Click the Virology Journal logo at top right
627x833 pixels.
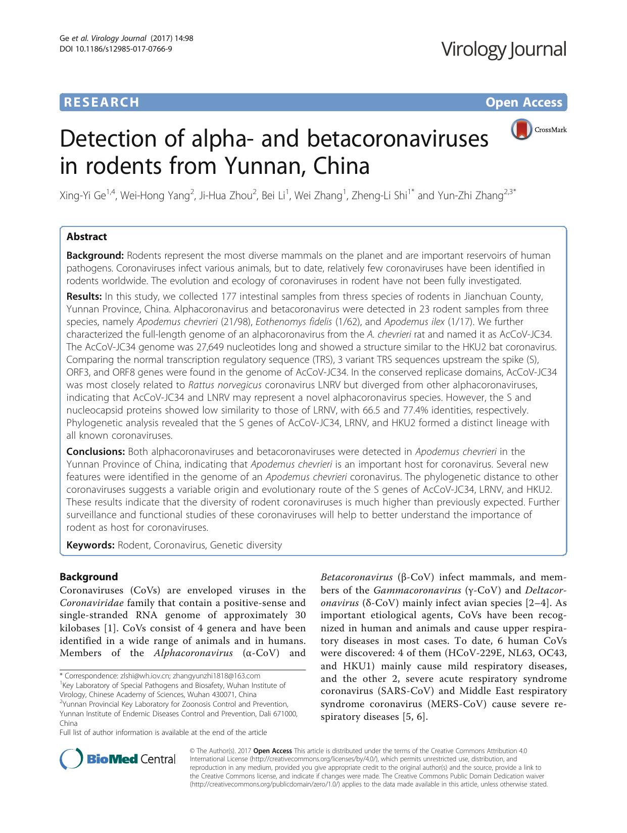(x=503, y=50)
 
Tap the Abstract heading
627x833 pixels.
(x=86, y=237)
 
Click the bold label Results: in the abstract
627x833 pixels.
(x=84, y=296)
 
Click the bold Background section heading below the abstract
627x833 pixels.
(x=88, y=577)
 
